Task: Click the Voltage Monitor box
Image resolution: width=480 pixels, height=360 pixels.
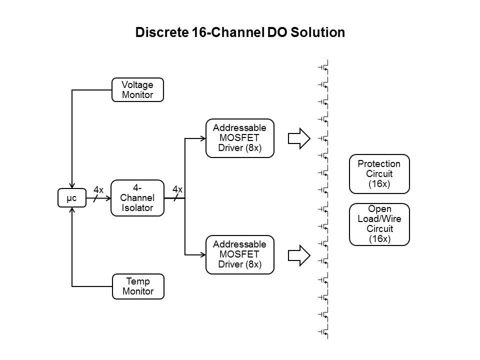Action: pyautogui.click(x=137, y=90)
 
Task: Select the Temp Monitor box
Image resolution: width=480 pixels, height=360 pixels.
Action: pyautogui.click(x=137, y=286)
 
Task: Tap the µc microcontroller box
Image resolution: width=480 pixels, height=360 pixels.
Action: pyautogui.click(x=72, y=198)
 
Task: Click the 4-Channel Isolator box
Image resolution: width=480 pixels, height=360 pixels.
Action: pyautogui.click(x=137, y=198)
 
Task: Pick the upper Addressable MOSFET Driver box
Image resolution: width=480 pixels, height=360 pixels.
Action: pyautogui.click(x=240, y=138)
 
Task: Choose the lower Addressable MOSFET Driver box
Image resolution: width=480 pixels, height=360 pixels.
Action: pyautogui.click(x=240, y=254)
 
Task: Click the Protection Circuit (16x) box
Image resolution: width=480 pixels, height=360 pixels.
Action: pyautogui.click(x=379, y=173)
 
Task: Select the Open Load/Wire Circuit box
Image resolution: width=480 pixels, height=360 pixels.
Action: pyautogui.click(x=379, y=224)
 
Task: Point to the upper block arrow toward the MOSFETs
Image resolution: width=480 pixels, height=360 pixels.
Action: pyautogui.click(x=299, y=138)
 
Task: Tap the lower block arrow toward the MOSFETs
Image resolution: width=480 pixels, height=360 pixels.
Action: pyautogui.click(x=299, y=254)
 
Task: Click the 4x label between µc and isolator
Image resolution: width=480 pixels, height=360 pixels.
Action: pyautogui.click(x=98, y=190)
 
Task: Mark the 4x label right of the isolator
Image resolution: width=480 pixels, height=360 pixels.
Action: pyautogui.click(x=177, y=189)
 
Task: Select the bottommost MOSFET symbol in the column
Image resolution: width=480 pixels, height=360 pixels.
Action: pyautogui.click(x=324, y=331)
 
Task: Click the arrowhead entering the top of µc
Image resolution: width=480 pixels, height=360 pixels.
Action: pyautogui.click(x=72, y=186)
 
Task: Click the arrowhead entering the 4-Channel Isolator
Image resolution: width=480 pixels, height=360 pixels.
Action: pyautogui.click(x=107, y=198)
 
